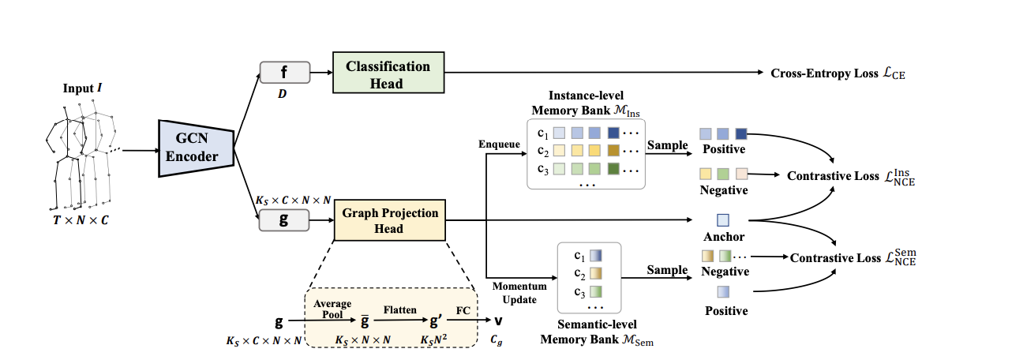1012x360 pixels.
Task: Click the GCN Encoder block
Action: point(197,146)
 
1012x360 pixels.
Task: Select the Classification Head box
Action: point(388,75)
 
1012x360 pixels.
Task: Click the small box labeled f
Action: point(284,73)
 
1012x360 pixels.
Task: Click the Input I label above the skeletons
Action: point(83,88)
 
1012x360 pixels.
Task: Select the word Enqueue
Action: point(500,145)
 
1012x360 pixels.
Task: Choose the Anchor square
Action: point(723,219)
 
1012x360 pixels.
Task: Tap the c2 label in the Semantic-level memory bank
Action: point(579,273)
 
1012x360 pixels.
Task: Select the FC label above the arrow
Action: point(463,310)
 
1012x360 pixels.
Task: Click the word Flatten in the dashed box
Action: point(400,310)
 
